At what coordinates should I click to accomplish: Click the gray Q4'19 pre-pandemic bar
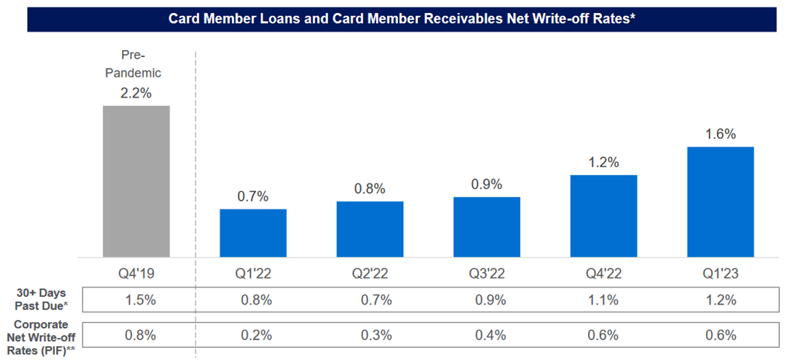coord(136,181)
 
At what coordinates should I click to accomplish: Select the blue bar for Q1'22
coord(253,233)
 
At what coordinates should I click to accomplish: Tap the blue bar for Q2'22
coord(370,229)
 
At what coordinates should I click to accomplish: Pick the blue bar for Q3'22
coord(486,227)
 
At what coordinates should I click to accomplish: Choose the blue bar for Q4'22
coord(603,216)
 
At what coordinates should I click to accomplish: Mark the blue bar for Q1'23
coord(720,202)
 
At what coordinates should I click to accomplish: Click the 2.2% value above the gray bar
coord(136,93)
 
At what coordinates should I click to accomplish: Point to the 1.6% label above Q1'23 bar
coord(720,134)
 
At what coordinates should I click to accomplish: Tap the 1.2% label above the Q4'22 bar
coord(603,162)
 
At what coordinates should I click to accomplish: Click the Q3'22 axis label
coord(486,274)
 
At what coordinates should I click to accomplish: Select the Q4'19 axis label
coord(136,274)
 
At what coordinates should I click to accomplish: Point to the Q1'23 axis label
coord(720,274)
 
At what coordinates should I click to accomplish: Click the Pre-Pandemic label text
coord(141,64)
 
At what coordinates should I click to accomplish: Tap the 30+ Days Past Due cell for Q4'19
coord(140,299)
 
